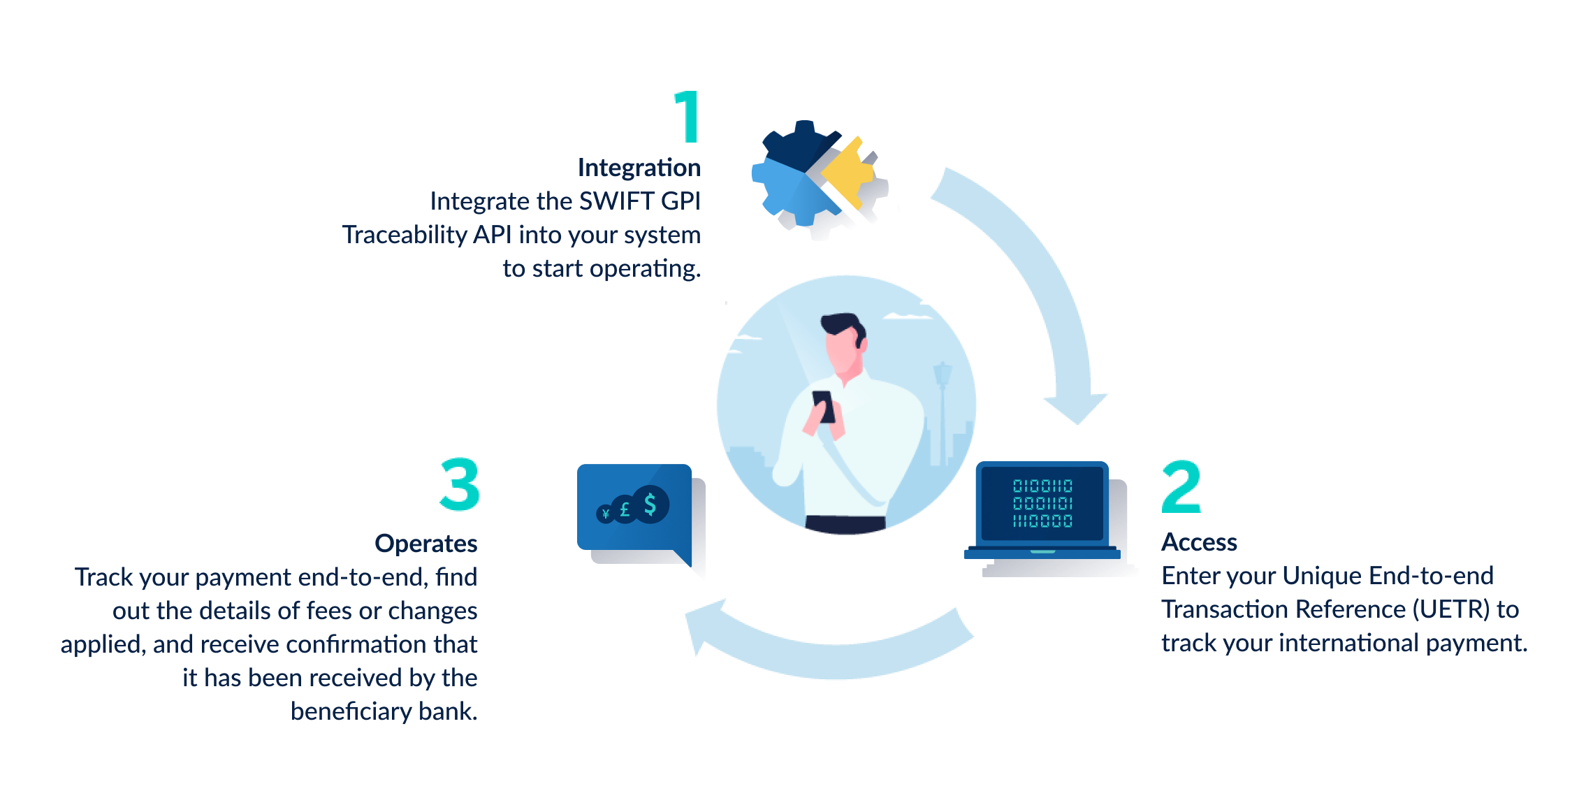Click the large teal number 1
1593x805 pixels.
[688, 117]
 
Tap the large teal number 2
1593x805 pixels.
[1181, 486]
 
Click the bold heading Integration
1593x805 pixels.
[639, 168]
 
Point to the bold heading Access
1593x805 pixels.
[1199, 542]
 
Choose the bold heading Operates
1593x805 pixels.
[426, 544]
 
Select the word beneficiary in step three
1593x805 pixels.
[351, 711]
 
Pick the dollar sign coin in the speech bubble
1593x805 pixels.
[650, 504]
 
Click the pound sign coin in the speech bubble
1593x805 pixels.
[624, 509]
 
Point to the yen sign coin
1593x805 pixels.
[605, 514]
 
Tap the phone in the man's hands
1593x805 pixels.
[823, 405]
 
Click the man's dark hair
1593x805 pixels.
[842, 325]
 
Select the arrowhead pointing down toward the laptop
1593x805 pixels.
[1076, 409]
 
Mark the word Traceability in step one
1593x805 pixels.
[405, 235]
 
